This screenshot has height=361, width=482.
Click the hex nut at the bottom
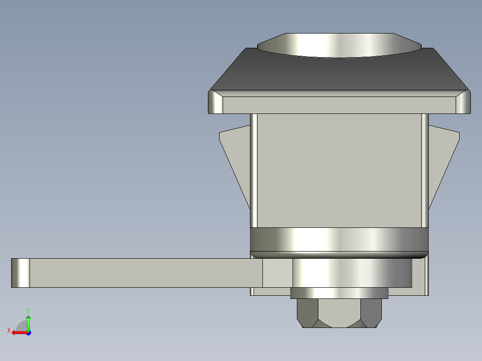coord(339,313)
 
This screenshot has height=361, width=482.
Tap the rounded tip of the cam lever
coord(21,273)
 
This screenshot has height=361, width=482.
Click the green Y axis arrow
coord(28,323)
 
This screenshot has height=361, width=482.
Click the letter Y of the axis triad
coord(28,311)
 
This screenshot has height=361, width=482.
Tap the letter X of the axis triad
coord(9,330)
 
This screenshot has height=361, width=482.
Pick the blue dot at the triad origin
coord(29,333)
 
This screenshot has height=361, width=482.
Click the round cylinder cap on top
coord(339,45)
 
